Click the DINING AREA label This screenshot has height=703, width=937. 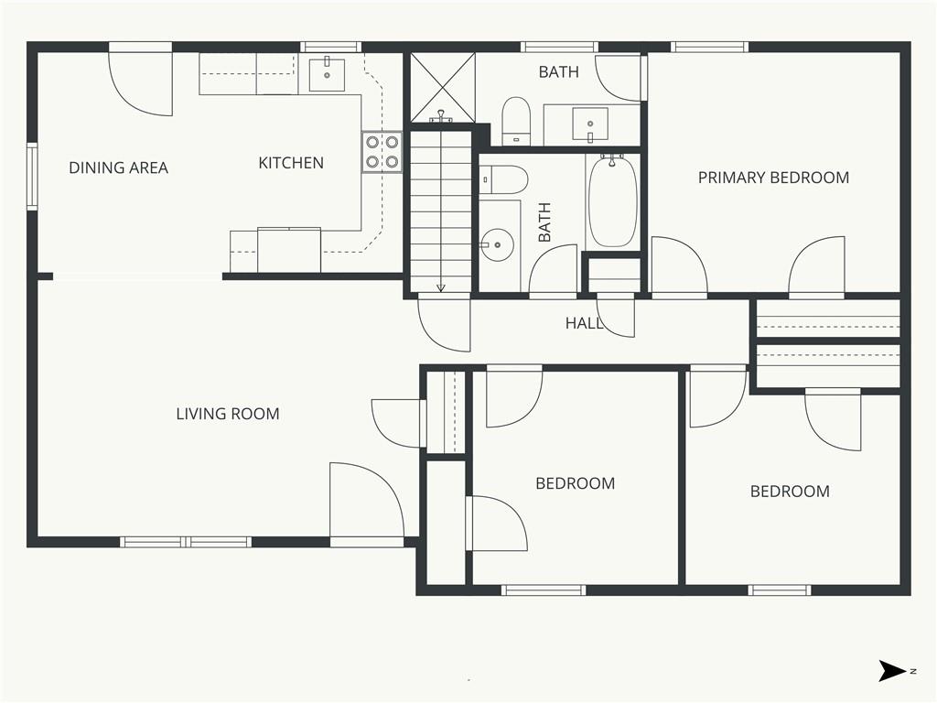coord(118,168)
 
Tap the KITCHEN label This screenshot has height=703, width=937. coord(291,163)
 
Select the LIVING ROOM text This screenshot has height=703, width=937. coord(228,414)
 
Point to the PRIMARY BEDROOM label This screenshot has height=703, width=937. coord(773,178)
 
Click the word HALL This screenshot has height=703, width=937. coord(584,323)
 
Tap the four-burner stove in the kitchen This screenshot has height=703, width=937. coord(382,152)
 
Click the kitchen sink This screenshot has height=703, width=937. coord(327,74)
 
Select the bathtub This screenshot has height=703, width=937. coord(613,201)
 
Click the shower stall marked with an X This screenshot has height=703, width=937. coord(443,87)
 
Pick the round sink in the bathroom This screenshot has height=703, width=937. coord(498,244)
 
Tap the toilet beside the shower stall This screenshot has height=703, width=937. coord(516,121)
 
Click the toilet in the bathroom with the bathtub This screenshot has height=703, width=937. coord(504,179)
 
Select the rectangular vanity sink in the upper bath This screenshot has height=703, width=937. coord(590,124)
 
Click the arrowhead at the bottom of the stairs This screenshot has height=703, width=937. coord(441,288)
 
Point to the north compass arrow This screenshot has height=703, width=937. coord(892,671)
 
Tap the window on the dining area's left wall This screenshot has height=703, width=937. coord(32,177)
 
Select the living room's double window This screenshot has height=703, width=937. coord(186,542)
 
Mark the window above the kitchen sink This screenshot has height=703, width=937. coord(330,48)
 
